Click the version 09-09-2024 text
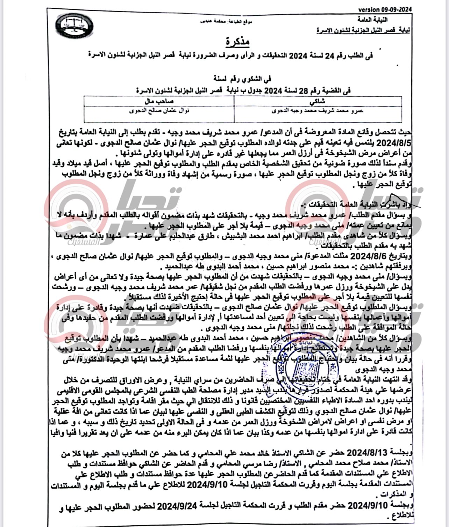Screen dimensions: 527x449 [x=385, y=9]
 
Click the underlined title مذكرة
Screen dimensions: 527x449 [x=237, y=42]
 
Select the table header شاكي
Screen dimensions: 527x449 [x=318, y=101]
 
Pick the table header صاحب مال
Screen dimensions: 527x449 [x=159, y=101]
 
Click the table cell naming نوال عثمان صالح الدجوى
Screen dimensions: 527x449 [x=159, y=111]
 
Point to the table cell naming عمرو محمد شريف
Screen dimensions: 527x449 [x=318, y=111]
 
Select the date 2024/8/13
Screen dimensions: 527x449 [x=368, y=453]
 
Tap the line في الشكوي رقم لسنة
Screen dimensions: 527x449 [x=243, y=79]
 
